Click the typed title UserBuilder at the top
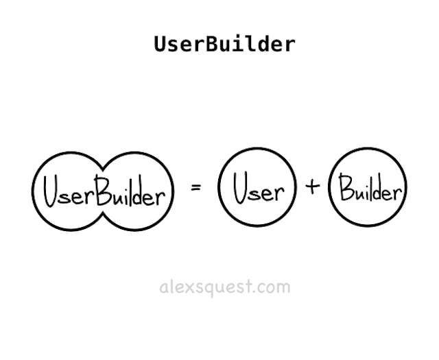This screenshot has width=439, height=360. (x=224, y=44)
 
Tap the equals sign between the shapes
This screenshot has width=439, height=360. (x=196, y=187)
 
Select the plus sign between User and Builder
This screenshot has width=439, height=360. (x=313, y=186)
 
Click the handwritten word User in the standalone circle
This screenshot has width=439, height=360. (x=257, y=189)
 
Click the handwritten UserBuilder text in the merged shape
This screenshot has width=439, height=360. (x=104, y=191)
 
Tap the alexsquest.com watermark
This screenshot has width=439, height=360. (x=224, y=287)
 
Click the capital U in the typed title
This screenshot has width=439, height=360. (x=160, y=44)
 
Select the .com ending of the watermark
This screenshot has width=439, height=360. (x=272, y=287)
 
